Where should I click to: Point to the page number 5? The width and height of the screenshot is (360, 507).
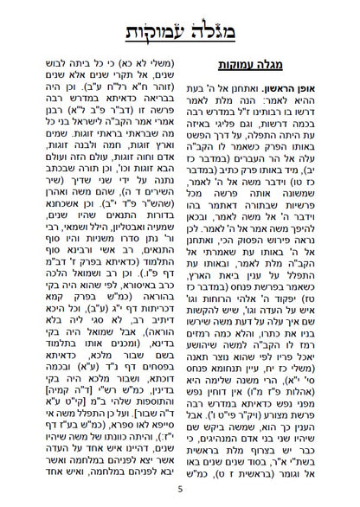(x=180, y=490)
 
